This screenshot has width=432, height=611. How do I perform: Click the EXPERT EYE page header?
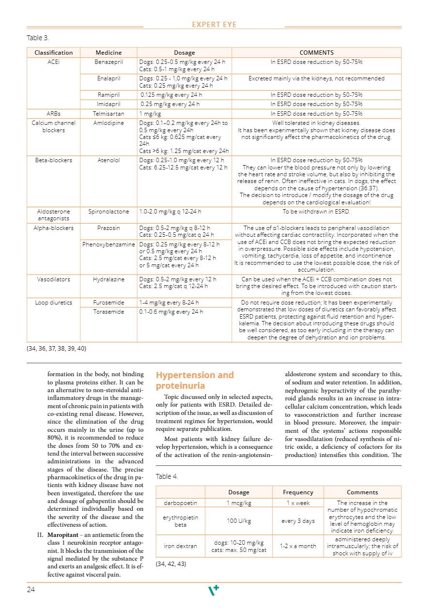point(214,25)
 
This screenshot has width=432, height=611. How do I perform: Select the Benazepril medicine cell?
point(108,62)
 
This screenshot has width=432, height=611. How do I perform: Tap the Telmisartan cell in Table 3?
point(108,114)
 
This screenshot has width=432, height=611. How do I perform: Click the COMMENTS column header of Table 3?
point(316,52)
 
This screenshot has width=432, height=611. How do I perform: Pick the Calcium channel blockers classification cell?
point(53,126)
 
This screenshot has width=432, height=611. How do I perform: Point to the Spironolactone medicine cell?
point(108,212)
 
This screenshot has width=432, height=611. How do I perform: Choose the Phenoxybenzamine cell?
point(108,244)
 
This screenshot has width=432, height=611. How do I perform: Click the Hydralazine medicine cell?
point(108,279)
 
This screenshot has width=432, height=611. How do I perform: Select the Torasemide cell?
point(108,312)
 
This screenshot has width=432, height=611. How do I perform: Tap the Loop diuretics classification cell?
point(53,303)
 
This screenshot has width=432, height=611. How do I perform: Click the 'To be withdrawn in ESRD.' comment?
point(316,212)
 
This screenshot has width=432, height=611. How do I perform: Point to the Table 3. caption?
point(38,38)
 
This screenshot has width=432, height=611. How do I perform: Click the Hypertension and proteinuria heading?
point(195,381)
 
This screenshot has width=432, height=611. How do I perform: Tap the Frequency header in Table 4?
point(298,492)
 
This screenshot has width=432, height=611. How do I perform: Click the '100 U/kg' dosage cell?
point(238,521)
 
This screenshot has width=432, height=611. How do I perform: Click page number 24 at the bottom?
point(31,589)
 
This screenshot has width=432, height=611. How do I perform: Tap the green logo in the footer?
point(214,590)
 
